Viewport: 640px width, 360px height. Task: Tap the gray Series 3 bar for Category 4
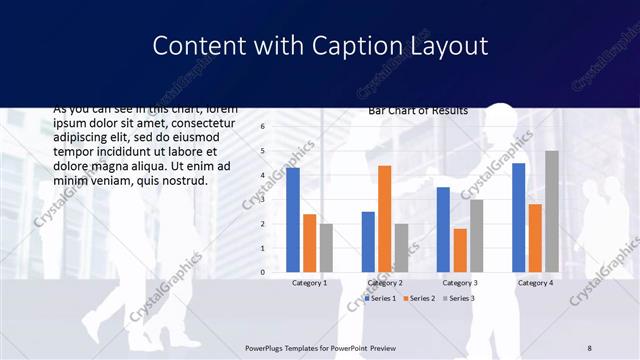(552, 211)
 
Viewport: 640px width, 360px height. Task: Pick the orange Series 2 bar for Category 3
(460, 250)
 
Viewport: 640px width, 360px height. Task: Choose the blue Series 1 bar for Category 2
(368, 241)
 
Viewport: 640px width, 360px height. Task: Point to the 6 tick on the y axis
(262, 126)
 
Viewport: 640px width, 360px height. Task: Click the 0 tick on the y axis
(262, 272)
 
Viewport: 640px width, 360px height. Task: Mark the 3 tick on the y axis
(262, 199)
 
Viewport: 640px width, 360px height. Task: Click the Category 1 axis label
(309, 283)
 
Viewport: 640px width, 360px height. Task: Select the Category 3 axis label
(460, 283)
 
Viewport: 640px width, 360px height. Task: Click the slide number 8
(590, 346)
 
